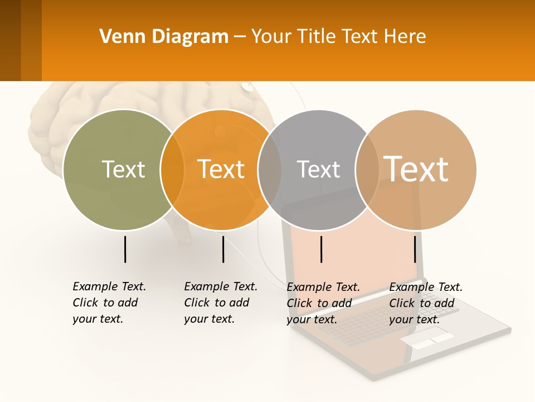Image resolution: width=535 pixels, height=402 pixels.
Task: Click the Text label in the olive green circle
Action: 123,169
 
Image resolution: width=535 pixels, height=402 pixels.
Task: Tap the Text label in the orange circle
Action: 221,169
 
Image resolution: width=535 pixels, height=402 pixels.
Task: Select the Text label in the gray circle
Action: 318,169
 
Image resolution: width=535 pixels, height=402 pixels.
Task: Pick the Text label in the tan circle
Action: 416,169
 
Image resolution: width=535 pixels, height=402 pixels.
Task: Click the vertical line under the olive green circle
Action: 125,249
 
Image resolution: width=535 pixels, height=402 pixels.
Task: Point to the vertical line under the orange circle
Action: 223,249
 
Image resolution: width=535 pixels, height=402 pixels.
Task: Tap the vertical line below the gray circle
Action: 322,249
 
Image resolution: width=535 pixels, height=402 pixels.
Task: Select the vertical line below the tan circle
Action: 415,249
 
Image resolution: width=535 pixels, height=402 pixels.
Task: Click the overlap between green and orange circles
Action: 172,170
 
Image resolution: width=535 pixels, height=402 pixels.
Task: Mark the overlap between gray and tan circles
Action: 367,170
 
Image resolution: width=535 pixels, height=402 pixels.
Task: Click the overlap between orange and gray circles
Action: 270,170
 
